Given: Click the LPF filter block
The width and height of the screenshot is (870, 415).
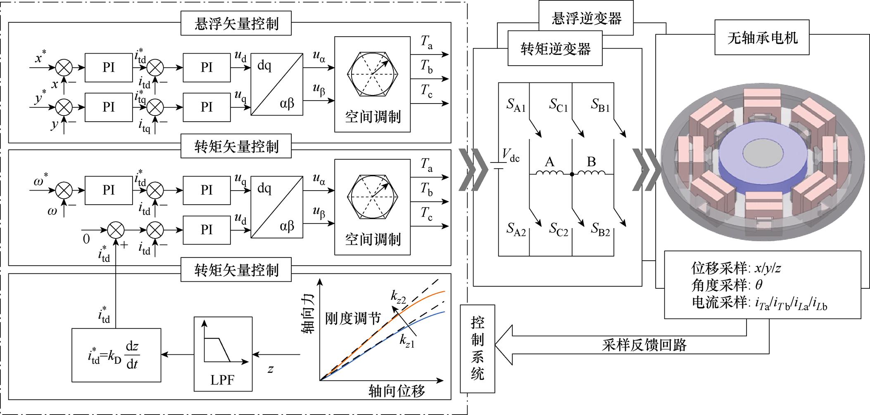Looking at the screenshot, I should pyautogui.click(x=223, y=354).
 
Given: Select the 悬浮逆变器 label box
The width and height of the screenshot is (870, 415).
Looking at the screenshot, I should pyautogui.click(x=586, y=19).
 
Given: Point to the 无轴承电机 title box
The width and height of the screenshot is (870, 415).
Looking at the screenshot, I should pyautogui.click(x=762, y=38).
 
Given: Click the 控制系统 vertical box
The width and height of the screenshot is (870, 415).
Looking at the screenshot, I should pyautogui.click(x=478, y=349).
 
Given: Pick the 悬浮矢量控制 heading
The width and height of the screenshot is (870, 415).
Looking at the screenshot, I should pyautogui.click(x=236, y=24).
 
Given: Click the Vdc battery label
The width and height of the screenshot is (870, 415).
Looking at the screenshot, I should pyautogui.click(x=511, y=156).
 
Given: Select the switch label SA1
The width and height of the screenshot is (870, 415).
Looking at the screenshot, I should pyautogui.click(x=516, y=106).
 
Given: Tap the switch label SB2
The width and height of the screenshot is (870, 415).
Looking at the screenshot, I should pyautogui.click(x=600, y=229).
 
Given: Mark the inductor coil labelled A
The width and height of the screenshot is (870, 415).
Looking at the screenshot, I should pyautogui.click(x=549, y=172).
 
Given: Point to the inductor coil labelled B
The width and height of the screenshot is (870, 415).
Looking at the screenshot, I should pyautogui.click(x=592, y=172).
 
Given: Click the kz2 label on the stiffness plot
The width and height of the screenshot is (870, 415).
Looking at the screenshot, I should pyautogui.click(x=398, y=297).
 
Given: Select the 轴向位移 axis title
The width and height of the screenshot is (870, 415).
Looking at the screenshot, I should pyautogui.click(x=397, y=391).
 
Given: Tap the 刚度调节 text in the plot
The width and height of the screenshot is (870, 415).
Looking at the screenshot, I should pyautogui.click(x=352, y=318).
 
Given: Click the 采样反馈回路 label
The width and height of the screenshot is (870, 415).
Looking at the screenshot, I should pyautogui.click(x=644, y=344).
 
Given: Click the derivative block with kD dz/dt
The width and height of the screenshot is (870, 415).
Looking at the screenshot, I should pyautogui.click(x=116, y=355).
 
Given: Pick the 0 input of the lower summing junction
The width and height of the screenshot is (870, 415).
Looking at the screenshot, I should pyautogui.click(x=86, y=239).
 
